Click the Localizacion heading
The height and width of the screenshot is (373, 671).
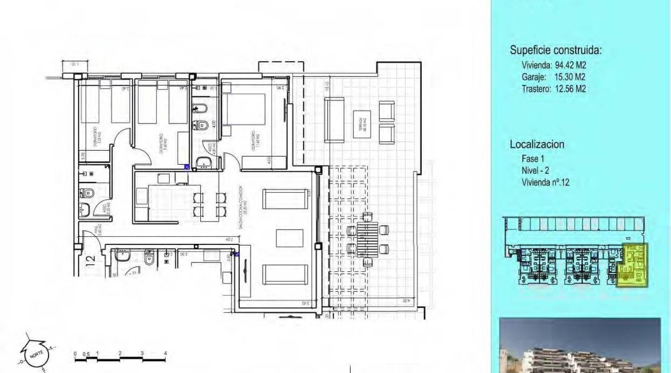click(x=537, y=144)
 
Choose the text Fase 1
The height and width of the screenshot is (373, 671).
click(x=533, y=159)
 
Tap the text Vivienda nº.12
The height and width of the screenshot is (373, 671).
click(x=546, y=183)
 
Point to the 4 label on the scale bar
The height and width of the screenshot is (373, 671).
click(x=165, y=353)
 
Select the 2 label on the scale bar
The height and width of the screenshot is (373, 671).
click(x=120, y=353)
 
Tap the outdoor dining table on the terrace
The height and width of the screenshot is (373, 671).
click(x=368, y=238)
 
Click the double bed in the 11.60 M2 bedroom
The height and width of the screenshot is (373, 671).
click(x=243, y=115)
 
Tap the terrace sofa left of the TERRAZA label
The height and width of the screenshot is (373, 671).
click(x=334, y=120)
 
